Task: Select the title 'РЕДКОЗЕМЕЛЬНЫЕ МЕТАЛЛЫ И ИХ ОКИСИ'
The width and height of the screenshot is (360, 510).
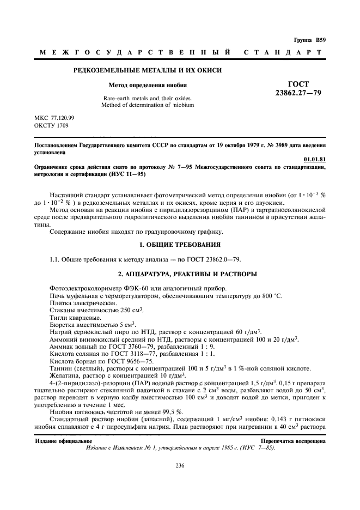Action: coord(148,70)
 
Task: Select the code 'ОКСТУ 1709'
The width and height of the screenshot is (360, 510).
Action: coord(50,125)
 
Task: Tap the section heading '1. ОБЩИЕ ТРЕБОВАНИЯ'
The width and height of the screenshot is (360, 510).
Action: coord(179,244)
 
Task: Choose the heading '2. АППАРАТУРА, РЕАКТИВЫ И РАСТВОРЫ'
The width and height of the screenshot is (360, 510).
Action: coord(179,273)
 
